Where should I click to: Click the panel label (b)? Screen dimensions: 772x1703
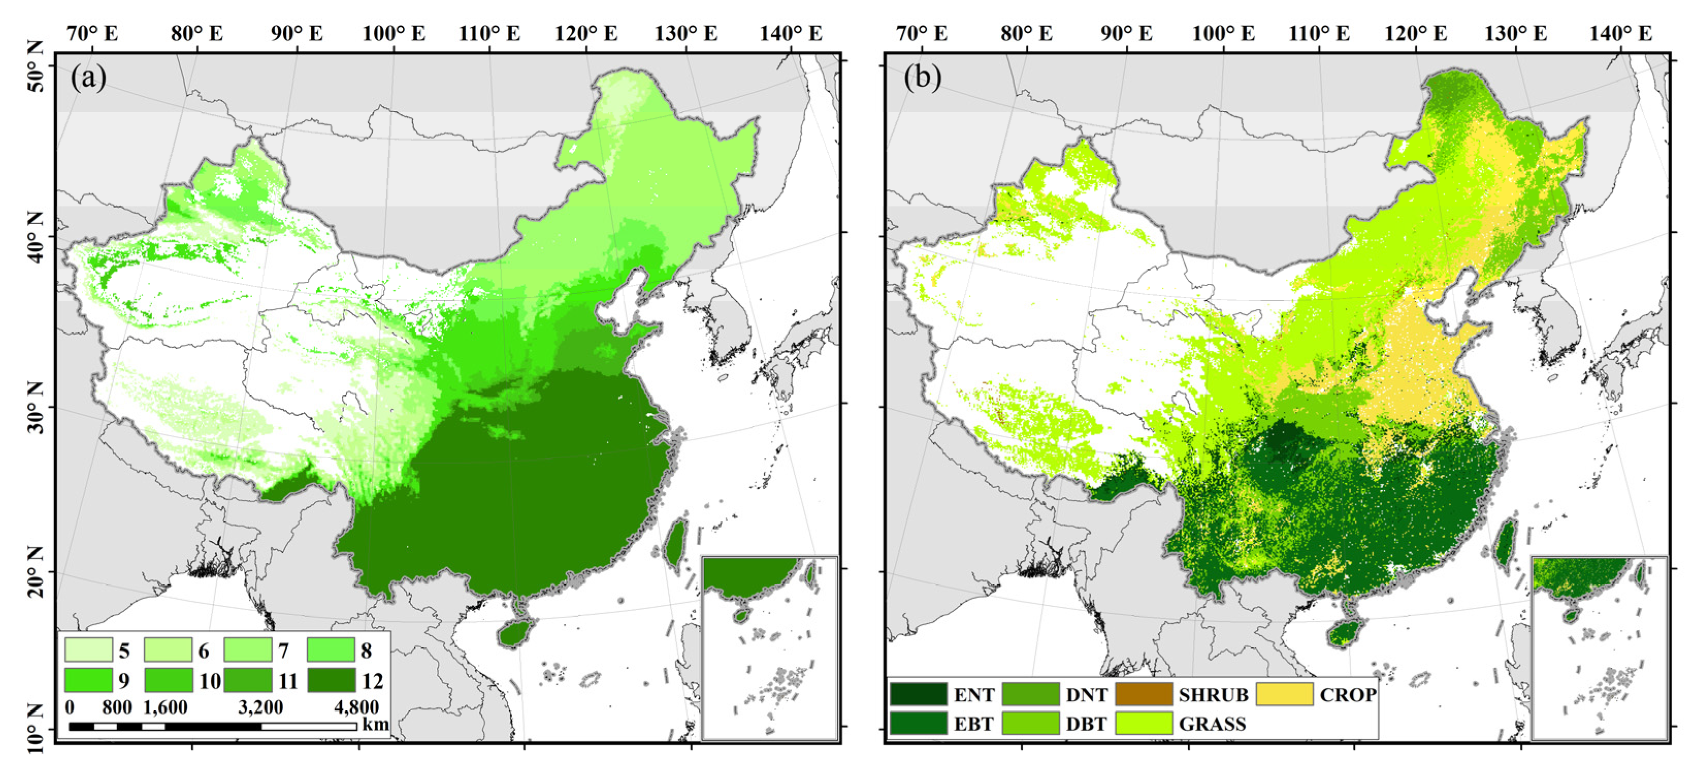pos(922,78)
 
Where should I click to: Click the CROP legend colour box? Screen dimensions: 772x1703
pos(1284,694)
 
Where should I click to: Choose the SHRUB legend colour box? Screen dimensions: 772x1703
pos(1144,694)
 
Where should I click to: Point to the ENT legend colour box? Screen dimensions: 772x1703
pos(918,694)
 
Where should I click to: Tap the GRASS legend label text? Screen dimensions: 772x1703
pos(1213,723)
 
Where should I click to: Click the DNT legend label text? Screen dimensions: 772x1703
pos(1086,695)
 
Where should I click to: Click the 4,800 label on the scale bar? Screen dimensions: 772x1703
pos(356,707)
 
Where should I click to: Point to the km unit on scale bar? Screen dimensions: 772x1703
pos(375,723)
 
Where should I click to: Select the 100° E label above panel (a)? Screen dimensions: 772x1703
pos(394,33)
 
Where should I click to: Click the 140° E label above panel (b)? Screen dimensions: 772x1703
pos(1620,33)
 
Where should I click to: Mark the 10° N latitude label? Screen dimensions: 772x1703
pos(37,728)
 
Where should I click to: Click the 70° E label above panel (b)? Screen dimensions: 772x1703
pos(922,33)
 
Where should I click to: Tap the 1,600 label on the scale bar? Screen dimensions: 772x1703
pos(165,707)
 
